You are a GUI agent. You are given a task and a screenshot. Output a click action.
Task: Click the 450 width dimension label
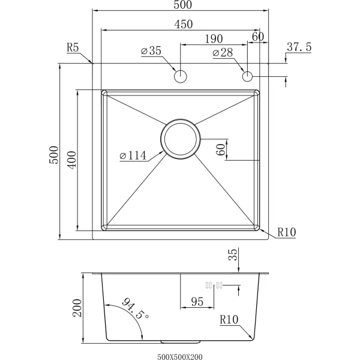184,24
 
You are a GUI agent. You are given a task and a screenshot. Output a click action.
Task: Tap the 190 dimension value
214,39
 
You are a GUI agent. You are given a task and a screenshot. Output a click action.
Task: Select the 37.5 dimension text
299,47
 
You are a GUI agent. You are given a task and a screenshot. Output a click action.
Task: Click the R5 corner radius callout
73,47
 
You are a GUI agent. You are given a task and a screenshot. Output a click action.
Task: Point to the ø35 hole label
151,51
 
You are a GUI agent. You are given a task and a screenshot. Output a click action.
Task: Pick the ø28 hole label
223,53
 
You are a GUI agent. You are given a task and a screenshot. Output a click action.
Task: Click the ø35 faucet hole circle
181,76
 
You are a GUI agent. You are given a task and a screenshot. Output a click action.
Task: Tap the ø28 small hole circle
247,76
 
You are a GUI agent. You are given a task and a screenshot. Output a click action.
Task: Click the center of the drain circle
181,139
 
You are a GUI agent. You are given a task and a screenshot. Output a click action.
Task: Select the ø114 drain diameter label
133,155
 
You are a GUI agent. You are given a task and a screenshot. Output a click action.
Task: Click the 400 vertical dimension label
72,160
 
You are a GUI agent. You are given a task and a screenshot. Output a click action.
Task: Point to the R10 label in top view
287,232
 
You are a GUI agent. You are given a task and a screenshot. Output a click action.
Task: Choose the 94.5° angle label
136,308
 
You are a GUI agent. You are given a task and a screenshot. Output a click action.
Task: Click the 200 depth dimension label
77,308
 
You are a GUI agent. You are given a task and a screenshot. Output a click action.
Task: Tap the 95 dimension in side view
197,302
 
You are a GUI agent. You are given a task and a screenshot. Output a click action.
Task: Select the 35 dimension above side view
233,254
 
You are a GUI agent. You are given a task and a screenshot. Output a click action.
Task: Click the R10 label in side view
229,319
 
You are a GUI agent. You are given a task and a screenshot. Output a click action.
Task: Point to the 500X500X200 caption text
180,356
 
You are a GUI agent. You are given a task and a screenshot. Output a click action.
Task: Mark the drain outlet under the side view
181,342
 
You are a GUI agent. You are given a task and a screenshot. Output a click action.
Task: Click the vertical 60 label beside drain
220,149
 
